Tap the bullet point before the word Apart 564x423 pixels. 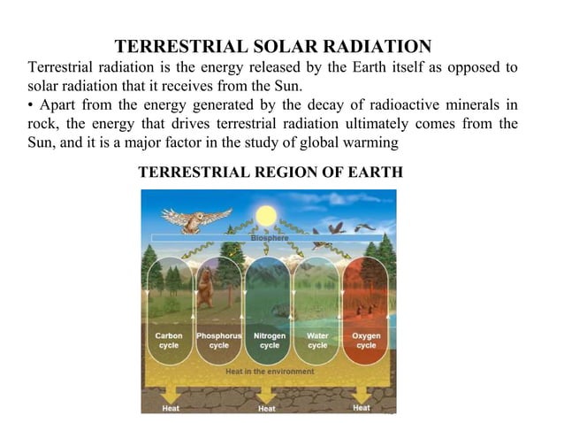(32, 104)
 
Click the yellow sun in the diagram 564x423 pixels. (265, 216)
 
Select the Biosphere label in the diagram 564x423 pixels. (267, 237)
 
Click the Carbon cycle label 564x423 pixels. (168, 341)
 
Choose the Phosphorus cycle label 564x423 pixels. (218, 341)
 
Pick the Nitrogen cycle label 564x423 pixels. (269, 341)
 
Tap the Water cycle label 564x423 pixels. (317, 341)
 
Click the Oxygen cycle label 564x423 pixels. (366, 341)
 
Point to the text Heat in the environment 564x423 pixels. (270, 372)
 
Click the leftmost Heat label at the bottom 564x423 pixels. (171, 408)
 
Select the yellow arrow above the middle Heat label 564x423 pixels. (267, 393)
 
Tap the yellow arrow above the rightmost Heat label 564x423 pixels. (362, 392)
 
